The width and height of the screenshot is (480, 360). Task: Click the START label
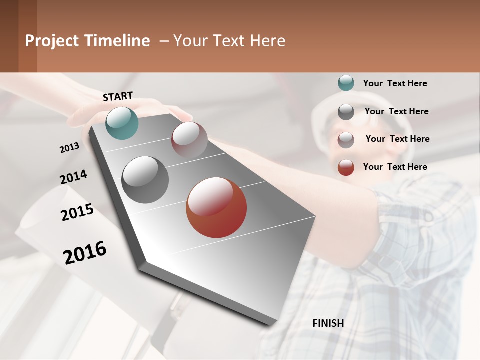click(118, 96)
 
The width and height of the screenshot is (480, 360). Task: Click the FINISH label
click(328, 323)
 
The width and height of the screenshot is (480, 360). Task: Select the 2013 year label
click(69, 148)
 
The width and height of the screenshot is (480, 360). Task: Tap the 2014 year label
click(73, 177)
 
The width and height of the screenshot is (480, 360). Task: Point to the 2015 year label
click(77, 212)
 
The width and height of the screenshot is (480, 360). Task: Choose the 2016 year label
click(85, 253)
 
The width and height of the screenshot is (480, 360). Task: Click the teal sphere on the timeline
click(122, 123)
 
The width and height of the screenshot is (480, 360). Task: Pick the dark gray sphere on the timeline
click(145, 180)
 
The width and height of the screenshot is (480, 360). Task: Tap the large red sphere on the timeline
click(216, 207)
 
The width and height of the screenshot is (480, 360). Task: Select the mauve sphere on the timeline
click(189, 140)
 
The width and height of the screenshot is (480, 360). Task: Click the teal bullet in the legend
click(346, 83)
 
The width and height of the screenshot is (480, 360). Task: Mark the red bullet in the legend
click(346, 167)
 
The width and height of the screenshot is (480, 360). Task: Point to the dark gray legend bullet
click(346, 112)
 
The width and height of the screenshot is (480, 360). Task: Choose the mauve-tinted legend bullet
click(346, 140)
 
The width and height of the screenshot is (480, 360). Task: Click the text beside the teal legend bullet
click(395, 83)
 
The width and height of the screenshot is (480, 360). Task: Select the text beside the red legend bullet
click(395, 167)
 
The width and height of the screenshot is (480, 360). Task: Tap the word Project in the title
click(52, 41)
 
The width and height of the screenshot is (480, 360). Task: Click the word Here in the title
click(267, 41)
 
